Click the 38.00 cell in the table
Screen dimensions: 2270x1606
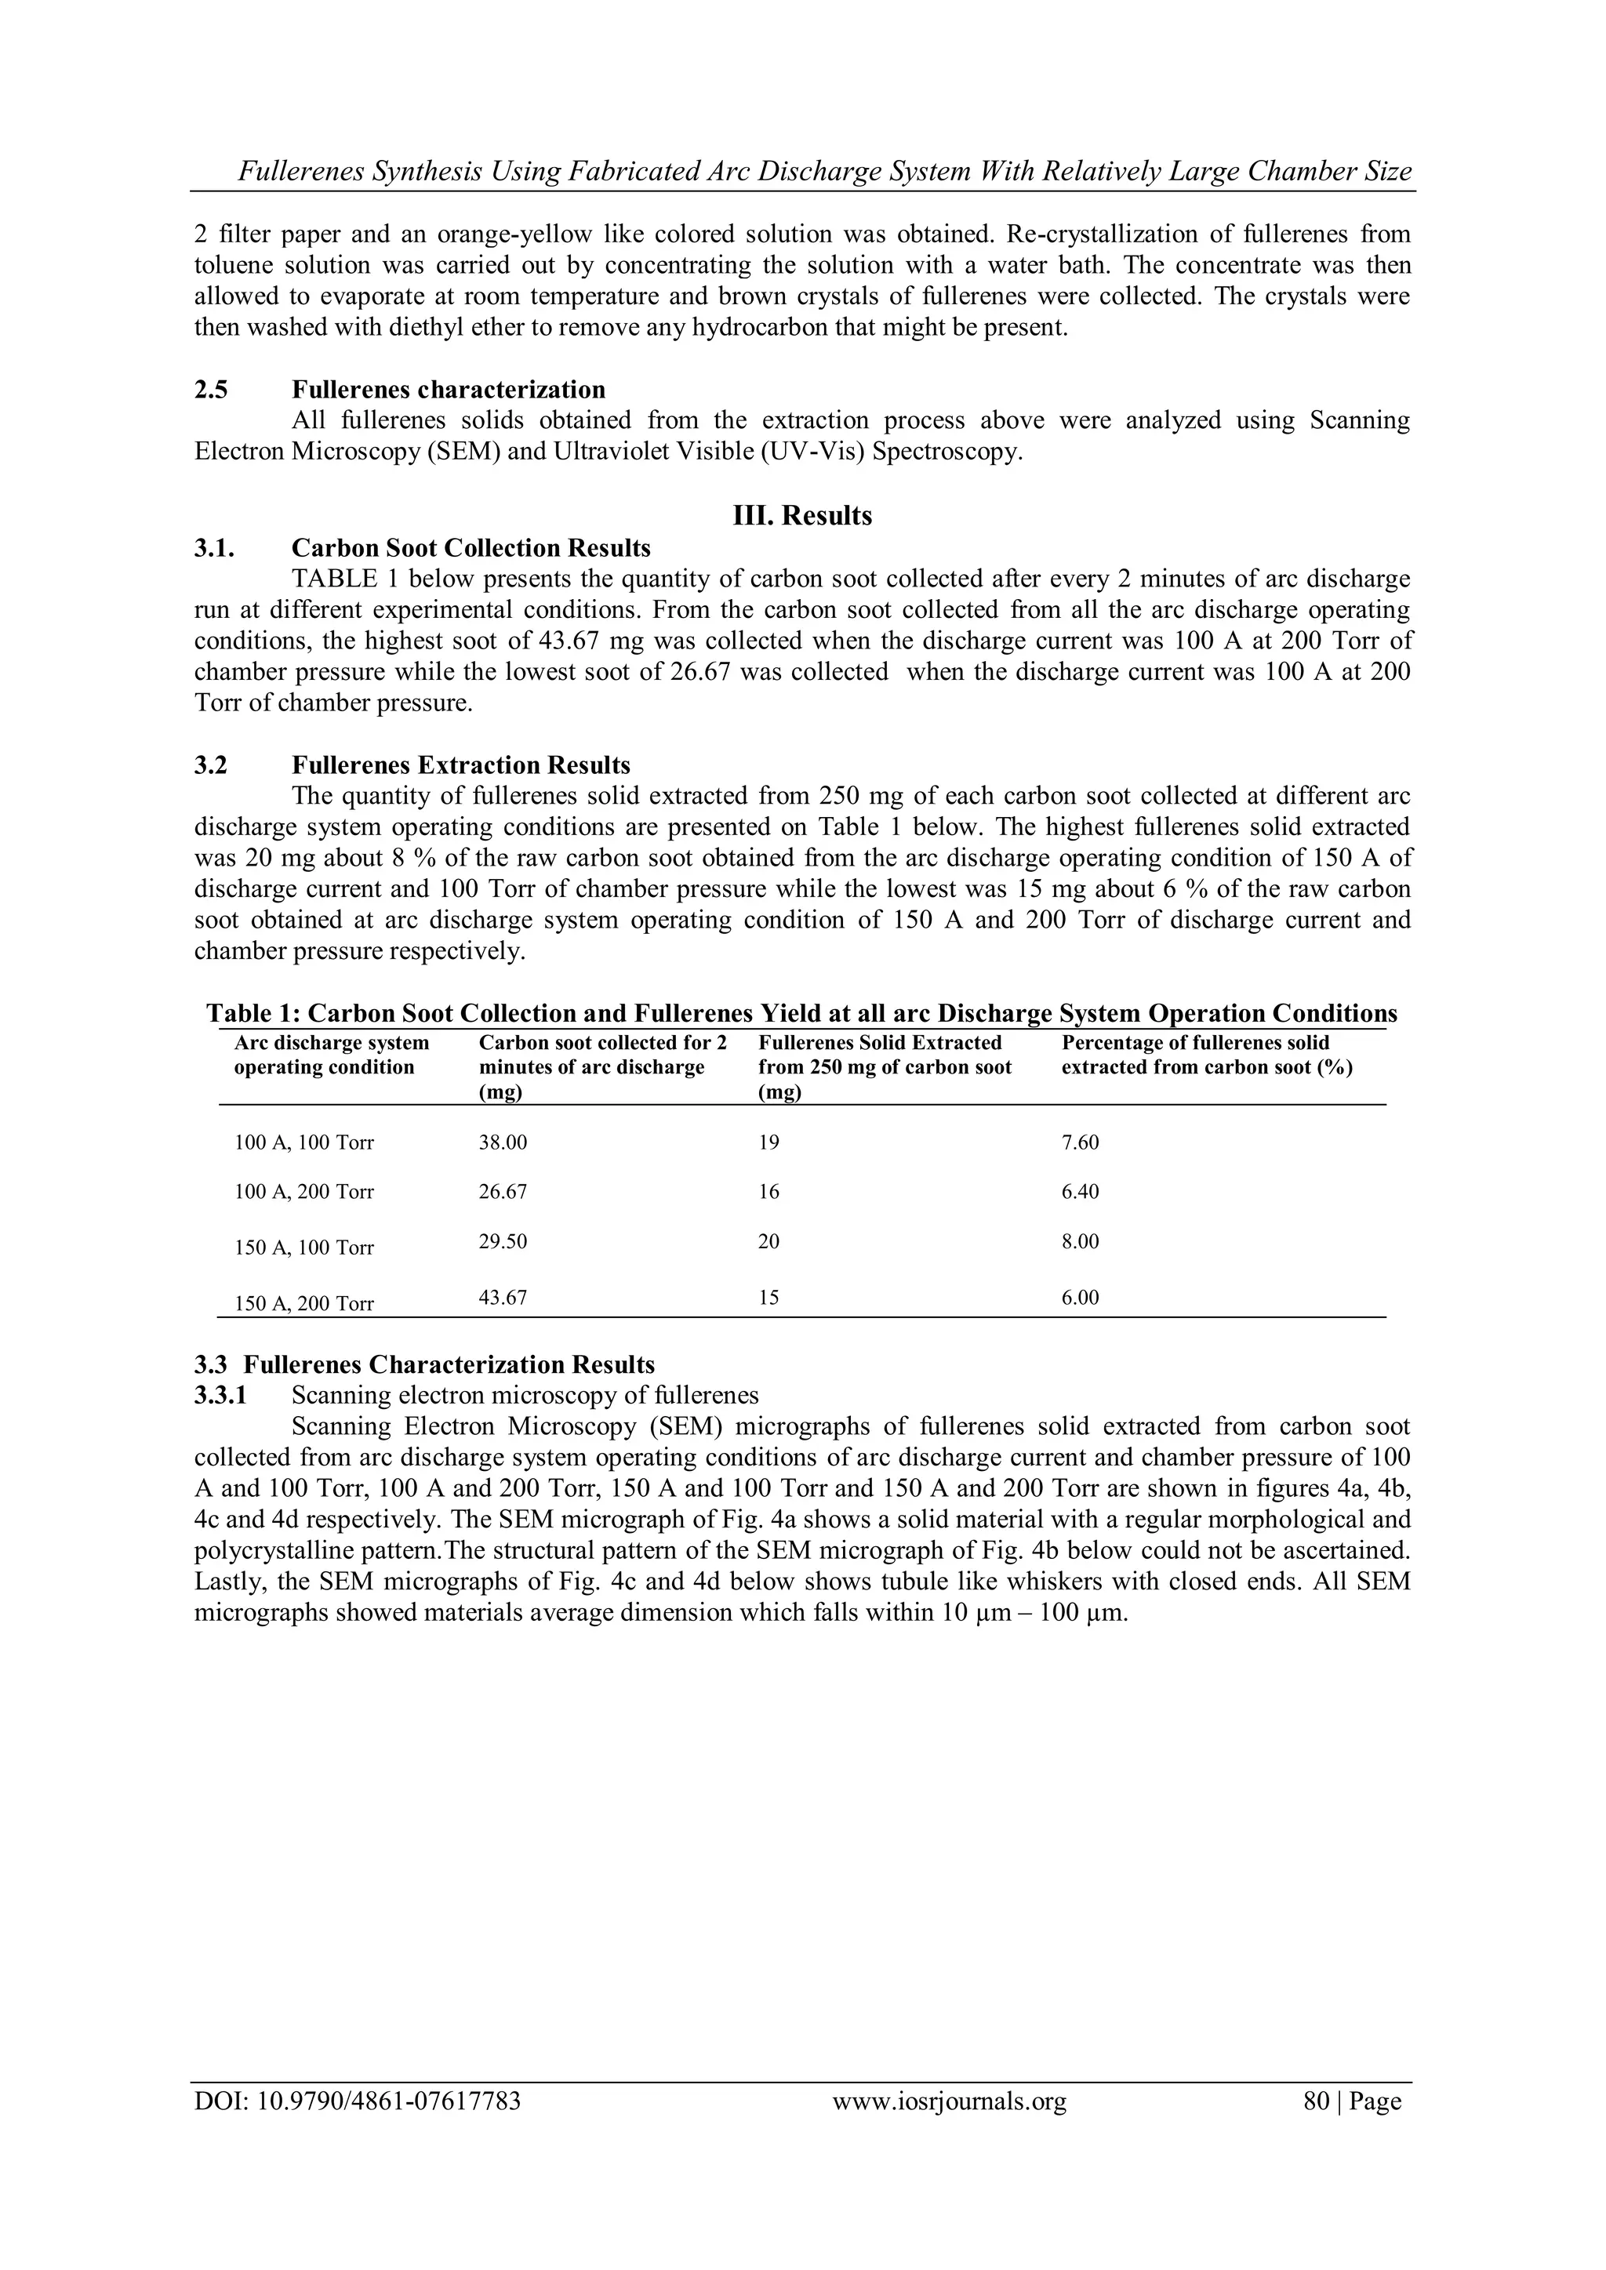click(x=503, y=1143)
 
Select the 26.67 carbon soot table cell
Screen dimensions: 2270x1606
click(x=503, y=1193)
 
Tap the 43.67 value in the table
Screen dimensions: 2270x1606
click(x=503, y=1297)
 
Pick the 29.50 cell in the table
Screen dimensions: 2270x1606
click(x=503, y=1242)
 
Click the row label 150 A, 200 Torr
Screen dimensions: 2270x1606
click(x=303, y=1304)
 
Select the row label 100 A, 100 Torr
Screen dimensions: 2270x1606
click(x=303, y=1144)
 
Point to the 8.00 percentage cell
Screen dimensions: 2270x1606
click(x=1080, y=1242)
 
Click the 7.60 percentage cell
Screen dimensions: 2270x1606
click(x=1080, y=1143)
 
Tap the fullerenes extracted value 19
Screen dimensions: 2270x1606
click(x=768, y=1143)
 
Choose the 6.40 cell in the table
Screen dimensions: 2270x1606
click(x=1080, y=1193)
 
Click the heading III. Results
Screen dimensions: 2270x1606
click(x=802, y=516)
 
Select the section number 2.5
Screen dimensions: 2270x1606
click(x=211, y=390)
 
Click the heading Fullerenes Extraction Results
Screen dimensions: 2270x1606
click(x=461, y=765)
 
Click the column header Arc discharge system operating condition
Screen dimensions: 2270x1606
click(x=330, y=1055)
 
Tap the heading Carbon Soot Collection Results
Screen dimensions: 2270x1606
click(x=471, y=548)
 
